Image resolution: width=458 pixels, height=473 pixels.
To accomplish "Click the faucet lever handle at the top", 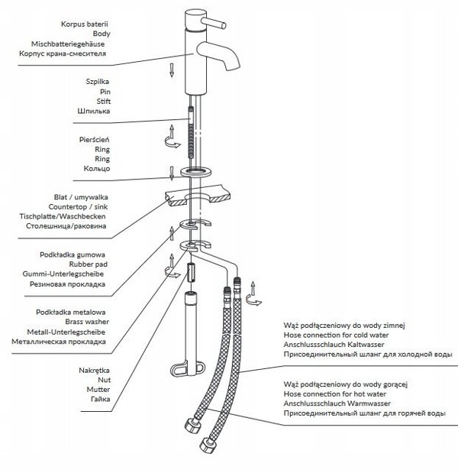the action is click(214, 23).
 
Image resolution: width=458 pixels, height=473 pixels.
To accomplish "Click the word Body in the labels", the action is click(102, 34).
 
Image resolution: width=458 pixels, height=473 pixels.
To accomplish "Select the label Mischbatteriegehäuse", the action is click(68, 44).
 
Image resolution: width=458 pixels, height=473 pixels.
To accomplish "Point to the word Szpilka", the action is click(98, 82).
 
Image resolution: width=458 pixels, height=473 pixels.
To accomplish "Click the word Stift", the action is click(103, 102).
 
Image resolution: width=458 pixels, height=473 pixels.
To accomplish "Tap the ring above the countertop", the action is click(196, 172).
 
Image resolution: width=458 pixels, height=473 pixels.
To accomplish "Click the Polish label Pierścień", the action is click(94, 140).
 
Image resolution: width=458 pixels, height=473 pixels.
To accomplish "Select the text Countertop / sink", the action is click(78, 207).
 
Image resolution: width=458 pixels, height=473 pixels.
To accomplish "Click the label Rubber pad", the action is click(89, 264).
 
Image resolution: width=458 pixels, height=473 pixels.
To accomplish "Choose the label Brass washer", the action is click(87, 322).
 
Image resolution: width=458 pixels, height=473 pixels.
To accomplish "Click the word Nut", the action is click(105, 380).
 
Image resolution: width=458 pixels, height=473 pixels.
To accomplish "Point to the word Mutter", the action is click(98, 390).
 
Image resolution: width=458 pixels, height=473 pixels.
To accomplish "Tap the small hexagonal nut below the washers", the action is click(191, 272).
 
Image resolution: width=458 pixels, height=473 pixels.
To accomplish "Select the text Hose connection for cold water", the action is click(336, 335).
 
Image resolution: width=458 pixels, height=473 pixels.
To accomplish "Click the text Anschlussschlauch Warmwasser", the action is click(337, 403).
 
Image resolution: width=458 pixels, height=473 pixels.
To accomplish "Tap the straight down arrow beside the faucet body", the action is click(172, 70).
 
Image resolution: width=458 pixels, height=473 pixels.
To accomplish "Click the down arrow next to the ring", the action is click(172, 173).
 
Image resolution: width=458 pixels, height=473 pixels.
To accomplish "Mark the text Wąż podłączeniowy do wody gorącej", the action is click(345, 384).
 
